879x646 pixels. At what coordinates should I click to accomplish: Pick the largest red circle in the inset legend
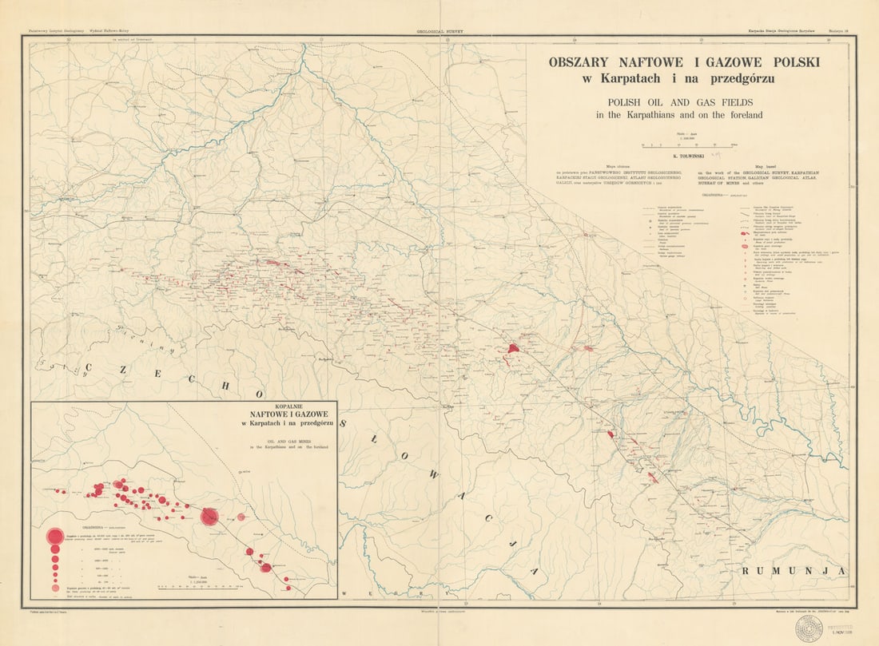54,537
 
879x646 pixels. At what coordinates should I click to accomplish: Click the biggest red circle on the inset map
209,517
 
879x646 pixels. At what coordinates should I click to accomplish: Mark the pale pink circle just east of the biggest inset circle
241,517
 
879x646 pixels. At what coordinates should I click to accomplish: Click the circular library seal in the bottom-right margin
808,628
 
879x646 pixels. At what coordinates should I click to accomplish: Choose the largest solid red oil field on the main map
514,347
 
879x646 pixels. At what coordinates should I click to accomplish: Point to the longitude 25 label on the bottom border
734,604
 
